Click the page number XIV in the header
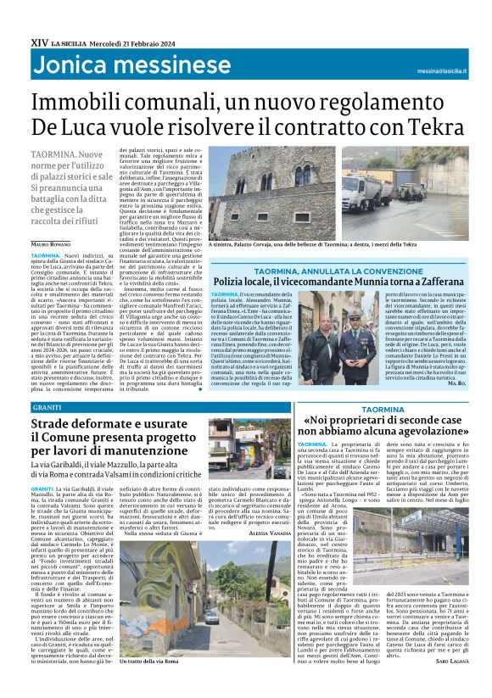38,41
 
